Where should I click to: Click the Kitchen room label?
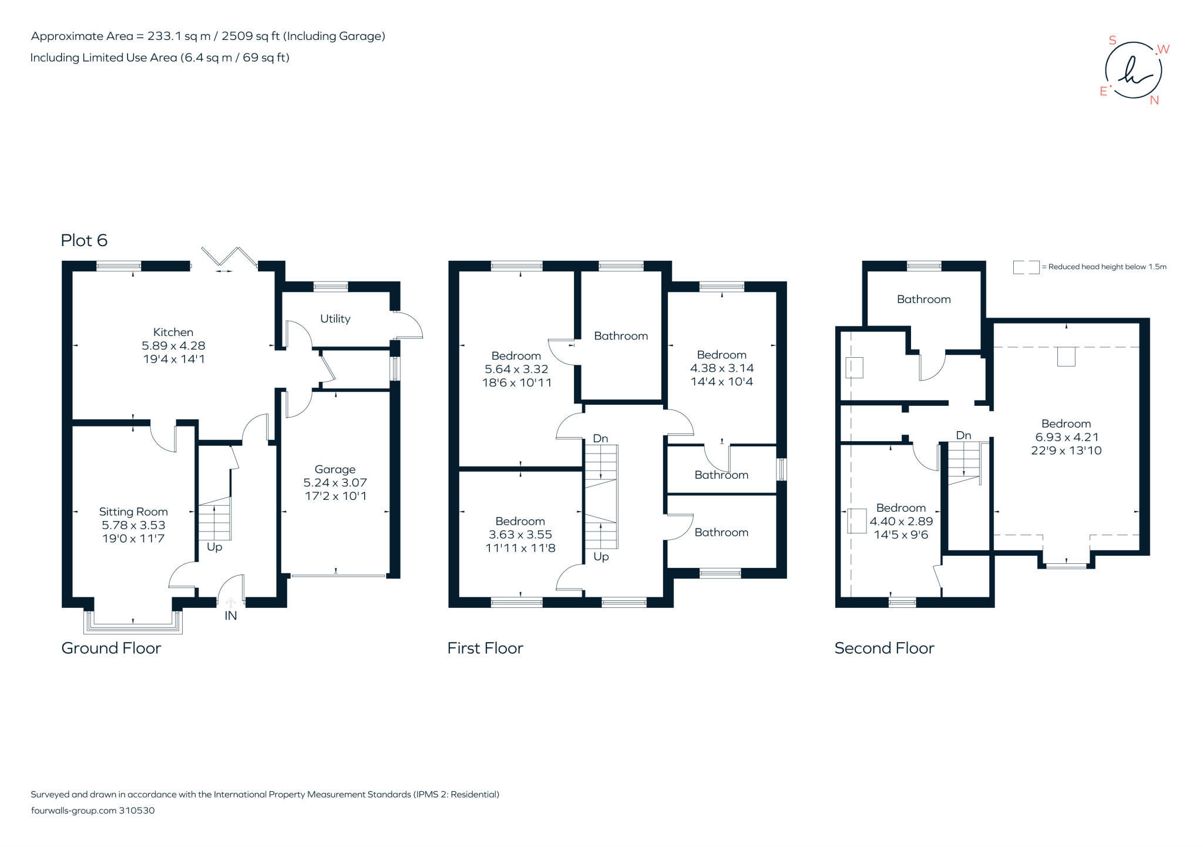click(173, 332)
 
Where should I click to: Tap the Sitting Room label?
click(133, 512)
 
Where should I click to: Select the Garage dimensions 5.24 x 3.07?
click(335, 483)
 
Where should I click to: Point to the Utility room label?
click(335, 319)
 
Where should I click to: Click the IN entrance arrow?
click(231, 603)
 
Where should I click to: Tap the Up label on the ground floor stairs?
click(214, 547)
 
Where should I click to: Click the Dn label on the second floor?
click(963, 436)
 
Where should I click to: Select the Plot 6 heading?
click(84, 240)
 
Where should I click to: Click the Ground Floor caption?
click(111, 648)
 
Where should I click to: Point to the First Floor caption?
click(485, 648)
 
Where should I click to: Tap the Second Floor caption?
click(884, 648)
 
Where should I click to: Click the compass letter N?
click(1154, 100)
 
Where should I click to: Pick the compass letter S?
click(1112, 41)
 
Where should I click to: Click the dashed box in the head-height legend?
click(1026, 267)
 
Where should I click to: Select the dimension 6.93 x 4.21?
click(1066, 438)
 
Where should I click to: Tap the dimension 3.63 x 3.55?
click(520, 535)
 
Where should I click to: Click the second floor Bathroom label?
click(923, 300)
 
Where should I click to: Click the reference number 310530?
click(137, 811)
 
